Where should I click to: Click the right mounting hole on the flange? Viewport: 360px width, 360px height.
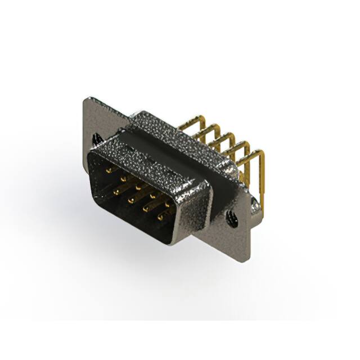(230, 215)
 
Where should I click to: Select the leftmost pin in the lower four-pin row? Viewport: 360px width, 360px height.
(116, 192)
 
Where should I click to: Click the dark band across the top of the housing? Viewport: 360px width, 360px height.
(169, 141)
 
